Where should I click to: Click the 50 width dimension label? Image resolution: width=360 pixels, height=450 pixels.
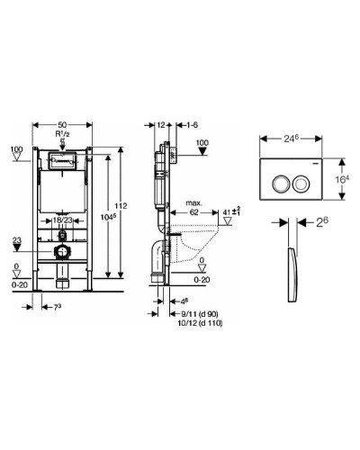pyautogui.click(x=62, y=124)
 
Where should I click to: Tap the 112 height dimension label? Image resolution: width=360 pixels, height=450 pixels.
pyautogui.click(x=121, y=206)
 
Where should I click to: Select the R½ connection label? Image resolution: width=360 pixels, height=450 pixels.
pyautogui.click(x=62, y=134)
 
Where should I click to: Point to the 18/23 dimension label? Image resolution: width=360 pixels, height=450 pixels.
pyautogui.click(x=63, y=220)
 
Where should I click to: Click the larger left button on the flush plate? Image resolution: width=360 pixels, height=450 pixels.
pyautogui.click(x=280, y=184)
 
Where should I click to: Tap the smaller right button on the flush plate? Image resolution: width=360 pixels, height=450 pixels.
pyautogui.click(x=300, y=184)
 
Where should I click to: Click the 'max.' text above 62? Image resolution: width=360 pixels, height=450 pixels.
pyautogui.click(x=194, y=203)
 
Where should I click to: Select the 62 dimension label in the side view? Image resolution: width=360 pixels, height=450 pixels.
pyautogui.click(x=194, y=212)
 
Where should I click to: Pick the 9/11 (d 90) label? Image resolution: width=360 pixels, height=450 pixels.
pyautogui.click(x=200, y=314)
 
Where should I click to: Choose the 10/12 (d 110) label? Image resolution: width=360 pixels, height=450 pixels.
pyautogui.click(x=202, y=323)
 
